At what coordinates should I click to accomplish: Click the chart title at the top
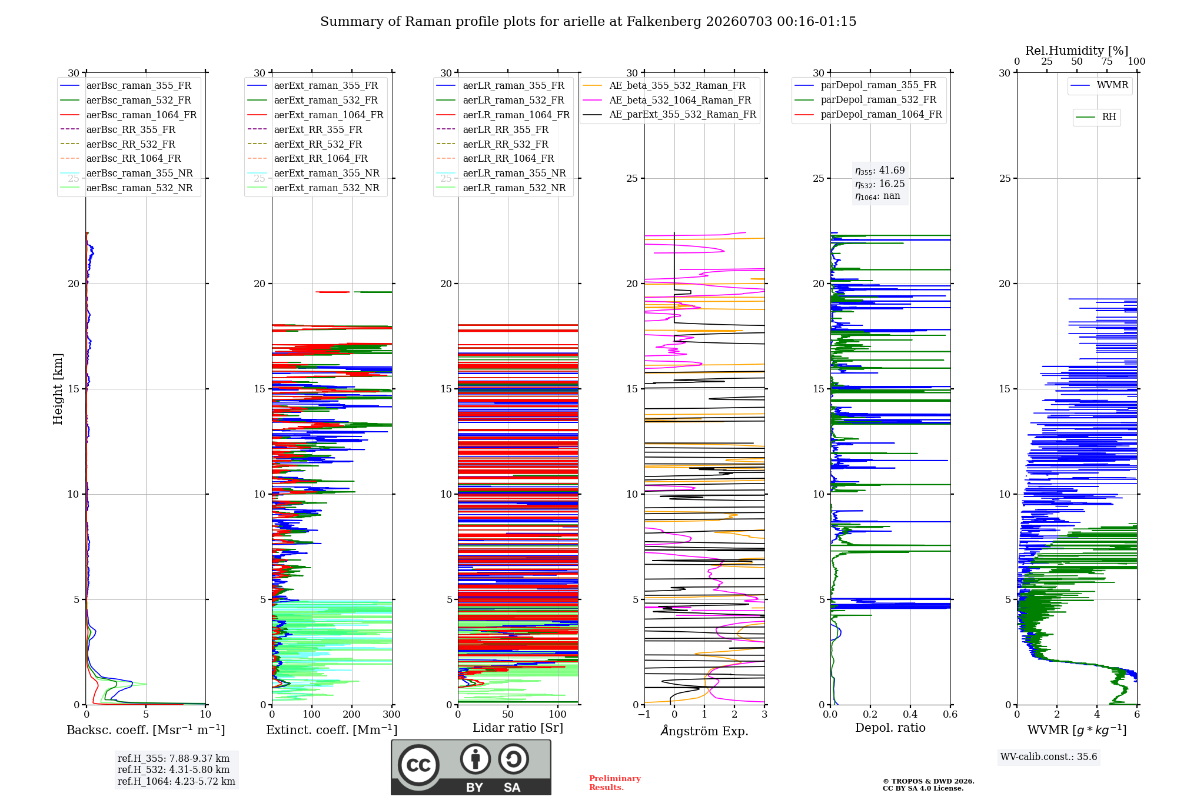(588, 22)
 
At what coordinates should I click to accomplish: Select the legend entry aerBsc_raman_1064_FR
(128, 115)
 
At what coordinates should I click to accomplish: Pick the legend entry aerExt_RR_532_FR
(305, 144)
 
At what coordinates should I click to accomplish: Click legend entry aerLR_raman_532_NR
(501, 188)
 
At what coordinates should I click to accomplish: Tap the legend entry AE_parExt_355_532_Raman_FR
(670, 115)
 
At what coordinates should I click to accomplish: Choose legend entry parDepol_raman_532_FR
(866, 100)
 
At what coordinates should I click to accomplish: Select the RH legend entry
(1096, 117)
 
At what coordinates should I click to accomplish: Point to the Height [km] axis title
(58, 389)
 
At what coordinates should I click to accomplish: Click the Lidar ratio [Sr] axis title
(518, 728)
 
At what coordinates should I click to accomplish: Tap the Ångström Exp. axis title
(704, 731)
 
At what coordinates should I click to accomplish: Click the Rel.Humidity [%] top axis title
(1077, 51)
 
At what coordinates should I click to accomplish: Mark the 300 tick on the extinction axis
(392, 715)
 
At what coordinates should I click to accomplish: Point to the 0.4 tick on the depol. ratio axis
(910, 715)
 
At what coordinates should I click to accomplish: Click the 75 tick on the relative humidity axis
(1107, 61)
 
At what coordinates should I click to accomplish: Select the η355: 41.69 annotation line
(880, 171)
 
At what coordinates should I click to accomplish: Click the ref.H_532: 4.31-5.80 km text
(174, 769)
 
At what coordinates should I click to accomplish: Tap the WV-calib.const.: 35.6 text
(1049, 757)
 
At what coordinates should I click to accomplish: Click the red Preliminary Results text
(615, 783)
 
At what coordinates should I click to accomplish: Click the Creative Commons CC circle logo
(418, 765)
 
